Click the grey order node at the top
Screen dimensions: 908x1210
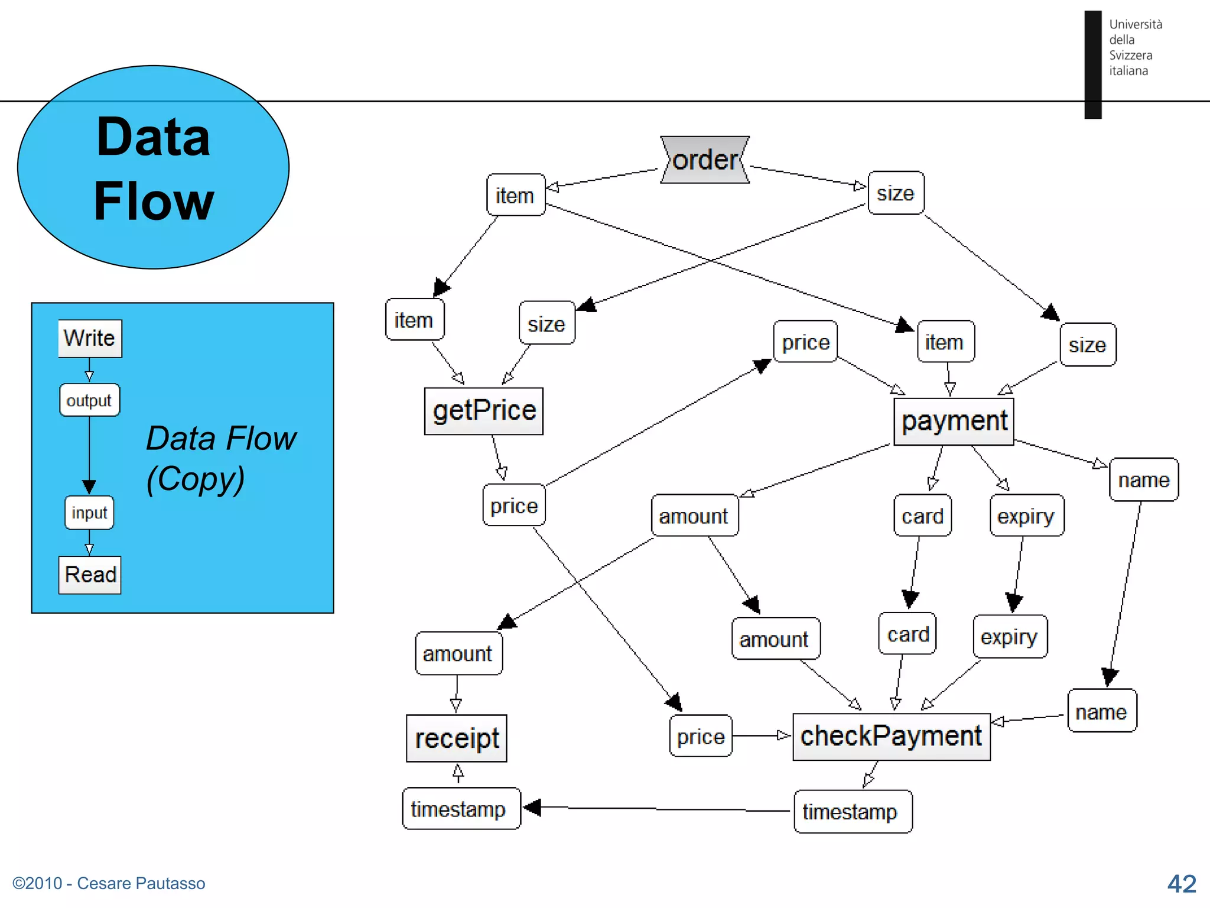click(x=705, y=160)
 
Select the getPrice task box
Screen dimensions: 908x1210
click(x=483, y=411)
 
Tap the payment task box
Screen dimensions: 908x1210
click(x=954, y=421)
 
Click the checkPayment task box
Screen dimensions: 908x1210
click(x=891, y=737)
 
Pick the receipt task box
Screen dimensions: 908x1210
click(x=456, y=738)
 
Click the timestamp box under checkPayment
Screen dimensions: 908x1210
click(x=852, y=812)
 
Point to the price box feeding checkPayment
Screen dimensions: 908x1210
click(x=701, y=737)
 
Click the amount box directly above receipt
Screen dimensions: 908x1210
click(x=458, y=653)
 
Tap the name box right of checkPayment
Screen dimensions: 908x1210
click(x=1102, y=711)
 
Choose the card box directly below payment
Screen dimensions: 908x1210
click(x=922, y=516)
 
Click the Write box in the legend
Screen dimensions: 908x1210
click(x=90, y=338)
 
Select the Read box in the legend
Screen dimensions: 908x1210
click(x=90, y=575)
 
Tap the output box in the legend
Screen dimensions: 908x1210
click(x=89, y=400)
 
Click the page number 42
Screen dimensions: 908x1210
click(x=1182, y=884)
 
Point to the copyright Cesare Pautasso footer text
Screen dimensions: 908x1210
click(x=109, y=883)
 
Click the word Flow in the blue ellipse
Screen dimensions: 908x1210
click(x=154, y=201)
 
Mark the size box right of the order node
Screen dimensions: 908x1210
click(x=896, y=193)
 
